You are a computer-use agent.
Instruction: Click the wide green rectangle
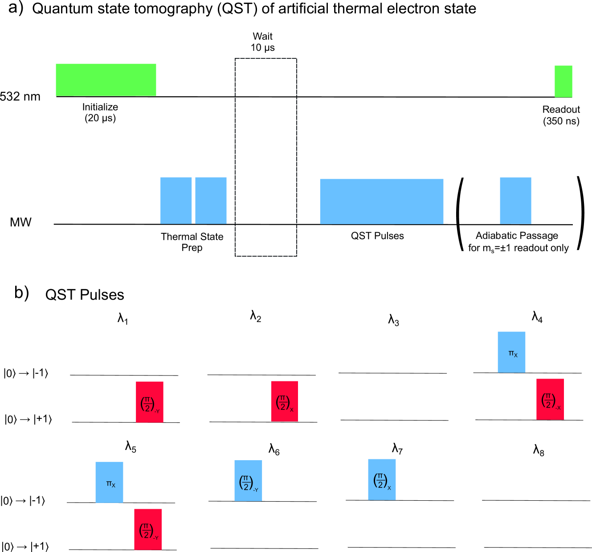coord(106,80)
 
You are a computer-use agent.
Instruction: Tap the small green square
coord(563,81)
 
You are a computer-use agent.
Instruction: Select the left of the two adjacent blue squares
coord(176,200)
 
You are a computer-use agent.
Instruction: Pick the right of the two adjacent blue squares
coord(211,200)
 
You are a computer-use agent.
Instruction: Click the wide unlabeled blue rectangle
coord(381,201)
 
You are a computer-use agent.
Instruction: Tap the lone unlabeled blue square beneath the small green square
coord(515,200)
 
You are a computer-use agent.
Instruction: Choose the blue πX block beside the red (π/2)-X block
coord(511,352)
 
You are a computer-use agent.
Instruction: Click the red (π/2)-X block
coord(550,399)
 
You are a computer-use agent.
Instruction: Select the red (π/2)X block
coord(284,401)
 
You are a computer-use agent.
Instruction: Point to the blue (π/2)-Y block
coord(248,480)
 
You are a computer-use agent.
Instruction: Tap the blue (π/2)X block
coord(382,479)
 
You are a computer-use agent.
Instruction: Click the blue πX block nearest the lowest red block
coord(109,482)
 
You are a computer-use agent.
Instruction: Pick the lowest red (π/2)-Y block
coord(148,529)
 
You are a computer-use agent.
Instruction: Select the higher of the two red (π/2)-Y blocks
coord(150,402)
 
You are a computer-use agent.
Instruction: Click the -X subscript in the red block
coord(558,408)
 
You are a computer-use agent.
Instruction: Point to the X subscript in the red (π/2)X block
coord(292,409)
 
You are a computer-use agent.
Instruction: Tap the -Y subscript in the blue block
coord(255,490)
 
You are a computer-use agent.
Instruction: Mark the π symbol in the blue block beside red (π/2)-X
coord(511,353)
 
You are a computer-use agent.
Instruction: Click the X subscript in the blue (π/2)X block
coord(389,488)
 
